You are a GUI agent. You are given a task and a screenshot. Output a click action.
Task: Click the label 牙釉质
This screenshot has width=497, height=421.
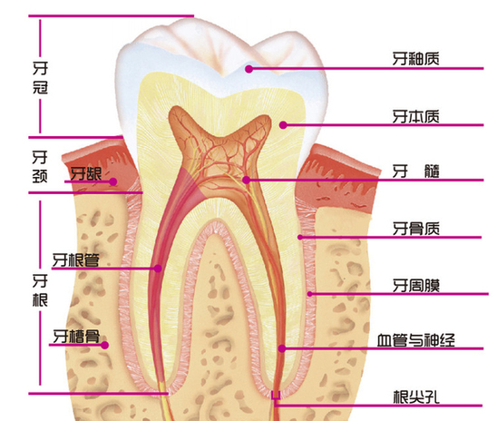click(x=416, y=59)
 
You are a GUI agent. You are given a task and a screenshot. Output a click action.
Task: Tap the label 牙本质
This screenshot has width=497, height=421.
click(x=416, y=117)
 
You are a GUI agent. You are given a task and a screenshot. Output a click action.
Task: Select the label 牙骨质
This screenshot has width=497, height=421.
click(x=416, y=229)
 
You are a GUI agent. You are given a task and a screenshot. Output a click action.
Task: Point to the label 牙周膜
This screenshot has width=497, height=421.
click(x=416, y=286)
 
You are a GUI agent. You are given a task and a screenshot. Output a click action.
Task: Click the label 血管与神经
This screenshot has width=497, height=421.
click(x=416, y=340)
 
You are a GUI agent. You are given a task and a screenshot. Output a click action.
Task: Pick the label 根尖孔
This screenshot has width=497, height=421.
click(x=416, y=397)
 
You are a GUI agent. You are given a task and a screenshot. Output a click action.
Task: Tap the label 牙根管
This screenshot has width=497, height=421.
click(x=76, y=260)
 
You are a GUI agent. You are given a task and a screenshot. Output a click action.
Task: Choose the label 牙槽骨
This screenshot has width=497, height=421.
click(x=76, y=337)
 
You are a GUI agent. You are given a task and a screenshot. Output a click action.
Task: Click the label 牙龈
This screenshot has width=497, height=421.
click(x=85, y=173)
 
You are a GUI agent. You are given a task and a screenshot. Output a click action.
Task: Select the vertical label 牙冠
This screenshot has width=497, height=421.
click(x=40, y=78)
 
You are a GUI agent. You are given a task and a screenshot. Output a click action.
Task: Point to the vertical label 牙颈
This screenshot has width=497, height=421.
click(x=40, y=166)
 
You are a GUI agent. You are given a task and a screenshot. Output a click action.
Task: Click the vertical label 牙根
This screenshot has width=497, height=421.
click(x=40, y=290)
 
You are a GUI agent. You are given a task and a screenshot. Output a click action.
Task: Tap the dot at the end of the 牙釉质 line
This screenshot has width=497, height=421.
click(x=249, y=69)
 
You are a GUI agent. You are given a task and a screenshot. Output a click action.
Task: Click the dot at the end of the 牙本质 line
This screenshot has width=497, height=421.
click(x=283, y=125)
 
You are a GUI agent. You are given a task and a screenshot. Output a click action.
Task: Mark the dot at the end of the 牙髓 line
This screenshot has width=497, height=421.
click(x=246, y=180)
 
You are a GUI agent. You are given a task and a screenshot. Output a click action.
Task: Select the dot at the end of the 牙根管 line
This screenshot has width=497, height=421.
click(x=158, y=269)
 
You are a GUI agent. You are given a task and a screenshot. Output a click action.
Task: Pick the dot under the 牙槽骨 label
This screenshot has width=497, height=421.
click(x=105, y=345)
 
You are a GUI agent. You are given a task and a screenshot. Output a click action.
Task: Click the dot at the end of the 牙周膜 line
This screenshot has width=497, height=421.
click(x=310, y=294)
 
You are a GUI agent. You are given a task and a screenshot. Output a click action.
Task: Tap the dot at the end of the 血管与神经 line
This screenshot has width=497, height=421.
click(x=282, y=348)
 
